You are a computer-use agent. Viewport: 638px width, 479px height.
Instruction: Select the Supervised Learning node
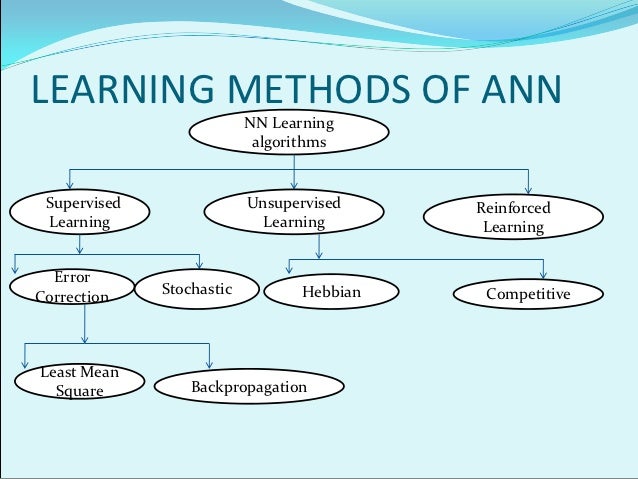coord(80,213)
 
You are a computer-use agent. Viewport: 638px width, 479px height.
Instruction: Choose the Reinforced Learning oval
coord(513,218)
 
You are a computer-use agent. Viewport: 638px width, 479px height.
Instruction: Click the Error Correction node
coord(71,287)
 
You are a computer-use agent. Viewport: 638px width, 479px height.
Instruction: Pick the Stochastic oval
coord(196,290)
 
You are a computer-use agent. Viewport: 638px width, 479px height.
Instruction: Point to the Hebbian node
coord(330,293)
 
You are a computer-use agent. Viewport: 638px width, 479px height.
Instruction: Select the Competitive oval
coord(528,294)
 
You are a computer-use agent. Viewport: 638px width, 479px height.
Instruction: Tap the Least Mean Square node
coord(79,382)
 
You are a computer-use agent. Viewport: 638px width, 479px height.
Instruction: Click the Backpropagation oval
coord(248,387)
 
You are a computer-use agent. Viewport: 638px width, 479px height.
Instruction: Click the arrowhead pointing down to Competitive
coord(543,274)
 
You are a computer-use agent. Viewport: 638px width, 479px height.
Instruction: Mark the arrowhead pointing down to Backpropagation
coord(209,363)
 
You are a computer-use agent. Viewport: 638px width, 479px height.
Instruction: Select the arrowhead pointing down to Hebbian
coord(289,270)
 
